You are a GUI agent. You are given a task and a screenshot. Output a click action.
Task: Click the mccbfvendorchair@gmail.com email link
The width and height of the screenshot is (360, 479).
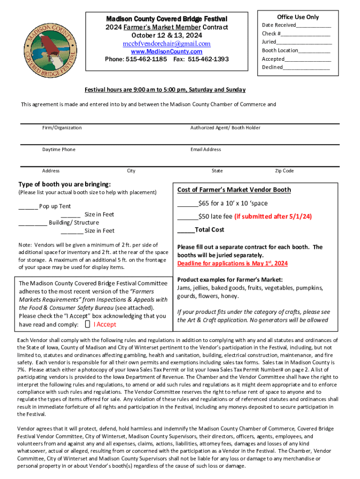click(x=166, y=44)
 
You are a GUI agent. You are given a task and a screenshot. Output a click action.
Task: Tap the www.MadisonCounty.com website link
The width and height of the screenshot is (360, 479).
click(x=166, y=51)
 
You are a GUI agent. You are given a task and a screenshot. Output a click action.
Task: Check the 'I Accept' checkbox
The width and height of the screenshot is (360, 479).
click(x=87, y=325)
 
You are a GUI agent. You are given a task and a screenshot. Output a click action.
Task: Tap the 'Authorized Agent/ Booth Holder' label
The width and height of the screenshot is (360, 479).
click(x=225, y=128)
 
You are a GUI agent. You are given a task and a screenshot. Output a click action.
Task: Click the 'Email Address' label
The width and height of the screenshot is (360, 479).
click(x=206, y=150)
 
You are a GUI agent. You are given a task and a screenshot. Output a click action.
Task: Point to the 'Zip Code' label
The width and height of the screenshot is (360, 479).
click(x=284, y=171)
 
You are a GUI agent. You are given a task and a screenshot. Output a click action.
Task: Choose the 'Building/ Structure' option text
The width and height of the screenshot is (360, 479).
click(x=74, y=223)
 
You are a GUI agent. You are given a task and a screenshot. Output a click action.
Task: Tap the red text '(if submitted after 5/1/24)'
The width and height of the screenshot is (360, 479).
click(x=273, y=217)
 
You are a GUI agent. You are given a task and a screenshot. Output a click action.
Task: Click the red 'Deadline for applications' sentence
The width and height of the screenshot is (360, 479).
click(x=232, y=263)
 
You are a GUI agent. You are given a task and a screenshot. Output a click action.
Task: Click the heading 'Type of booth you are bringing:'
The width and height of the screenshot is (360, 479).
click(x=65, y=184)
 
